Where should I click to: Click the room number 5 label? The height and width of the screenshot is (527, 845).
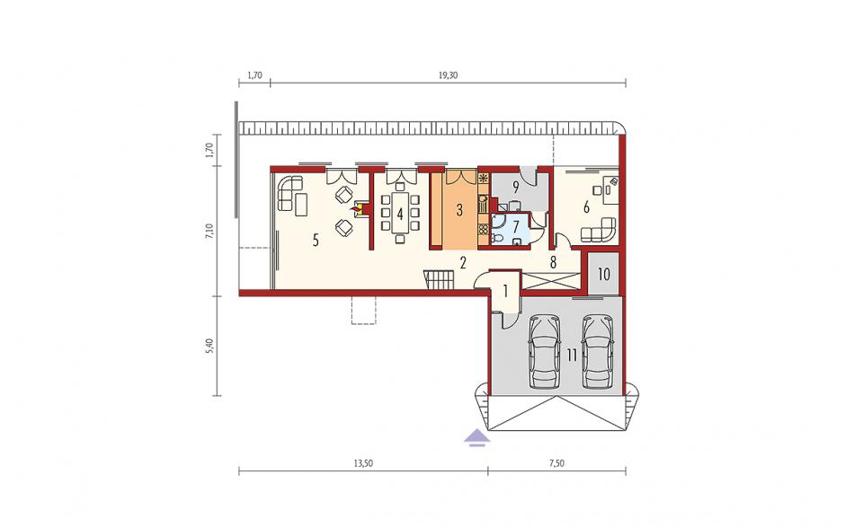[x=316, y=240]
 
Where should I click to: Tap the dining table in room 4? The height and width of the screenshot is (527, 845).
[x=400, y=213]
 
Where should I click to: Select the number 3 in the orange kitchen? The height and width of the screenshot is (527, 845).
[x=459, y=210]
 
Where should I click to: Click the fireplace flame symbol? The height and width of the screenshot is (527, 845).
[x=356, y=209]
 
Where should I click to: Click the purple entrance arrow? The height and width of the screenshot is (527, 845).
[x=477, y=436]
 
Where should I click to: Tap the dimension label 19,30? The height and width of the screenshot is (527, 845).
[x=448, y=75]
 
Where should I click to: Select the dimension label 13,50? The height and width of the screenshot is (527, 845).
[x=363, y=463]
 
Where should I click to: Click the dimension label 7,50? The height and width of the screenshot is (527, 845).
[x=556, y=463]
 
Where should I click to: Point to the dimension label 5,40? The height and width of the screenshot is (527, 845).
[x=210, y=346]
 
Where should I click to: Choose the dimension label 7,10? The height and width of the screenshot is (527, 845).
[x=210, y=231]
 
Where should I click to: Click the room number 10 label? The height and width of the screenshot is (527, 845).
[x=603, y=275]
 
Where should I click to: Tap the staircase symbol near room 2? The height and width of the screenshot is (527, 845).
[x=440, y=279]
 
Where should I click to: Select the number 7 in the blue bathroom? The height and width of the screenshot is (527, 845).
[x=516, y=224]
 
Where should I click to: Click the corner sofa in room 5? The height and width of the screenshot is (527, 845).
[x=289, y=193]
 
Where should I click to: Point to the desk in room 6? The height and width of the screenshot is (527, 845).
[x=611, y=189]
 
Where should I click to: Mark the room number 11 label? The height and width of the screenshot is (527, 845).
[x=572, y=355]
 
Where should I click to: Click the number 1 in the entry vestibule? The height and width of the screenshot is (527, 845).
[x=505, y=291]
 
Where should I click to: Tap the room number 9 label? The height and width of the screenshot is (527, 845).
[x=516, y=188]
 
